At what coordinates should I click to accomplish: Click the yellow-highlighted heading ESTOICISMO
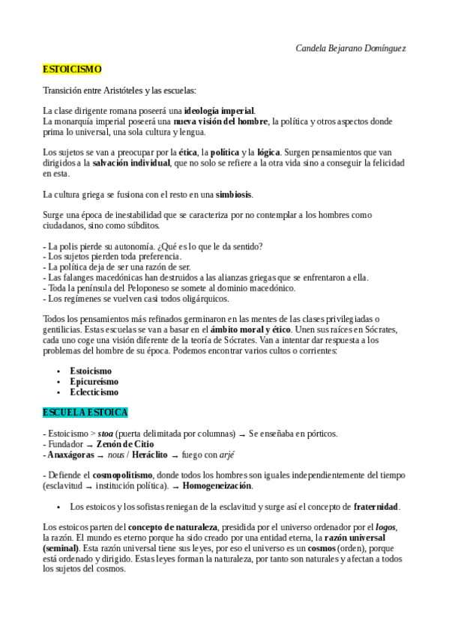(72, 69)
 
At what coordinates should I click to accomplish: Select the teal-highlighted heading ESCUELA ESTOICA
(85, 413)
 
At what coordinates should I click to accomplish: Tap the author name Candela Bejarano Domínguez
(352, 48)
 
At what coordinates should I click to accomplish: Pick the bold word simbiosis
(234, 195)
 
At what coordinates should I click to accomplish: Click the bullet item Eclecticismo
(94, 392)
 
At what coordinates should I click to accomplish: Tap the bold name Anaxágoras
(69, 455)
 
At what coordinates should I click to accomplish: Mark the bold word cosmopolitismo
(123, 476)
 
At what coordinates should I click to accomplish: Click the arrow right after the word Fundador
(90, 445)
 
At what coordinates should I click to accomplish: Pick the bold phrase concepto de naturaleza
(168, 527)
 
